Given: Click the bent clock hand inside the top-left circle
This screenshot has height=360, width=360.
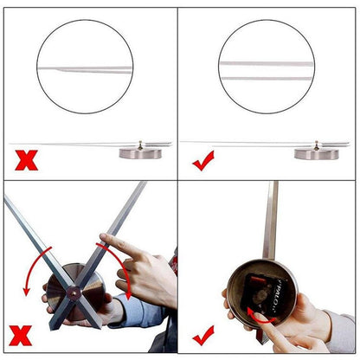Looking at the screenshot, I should point(85,67).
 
